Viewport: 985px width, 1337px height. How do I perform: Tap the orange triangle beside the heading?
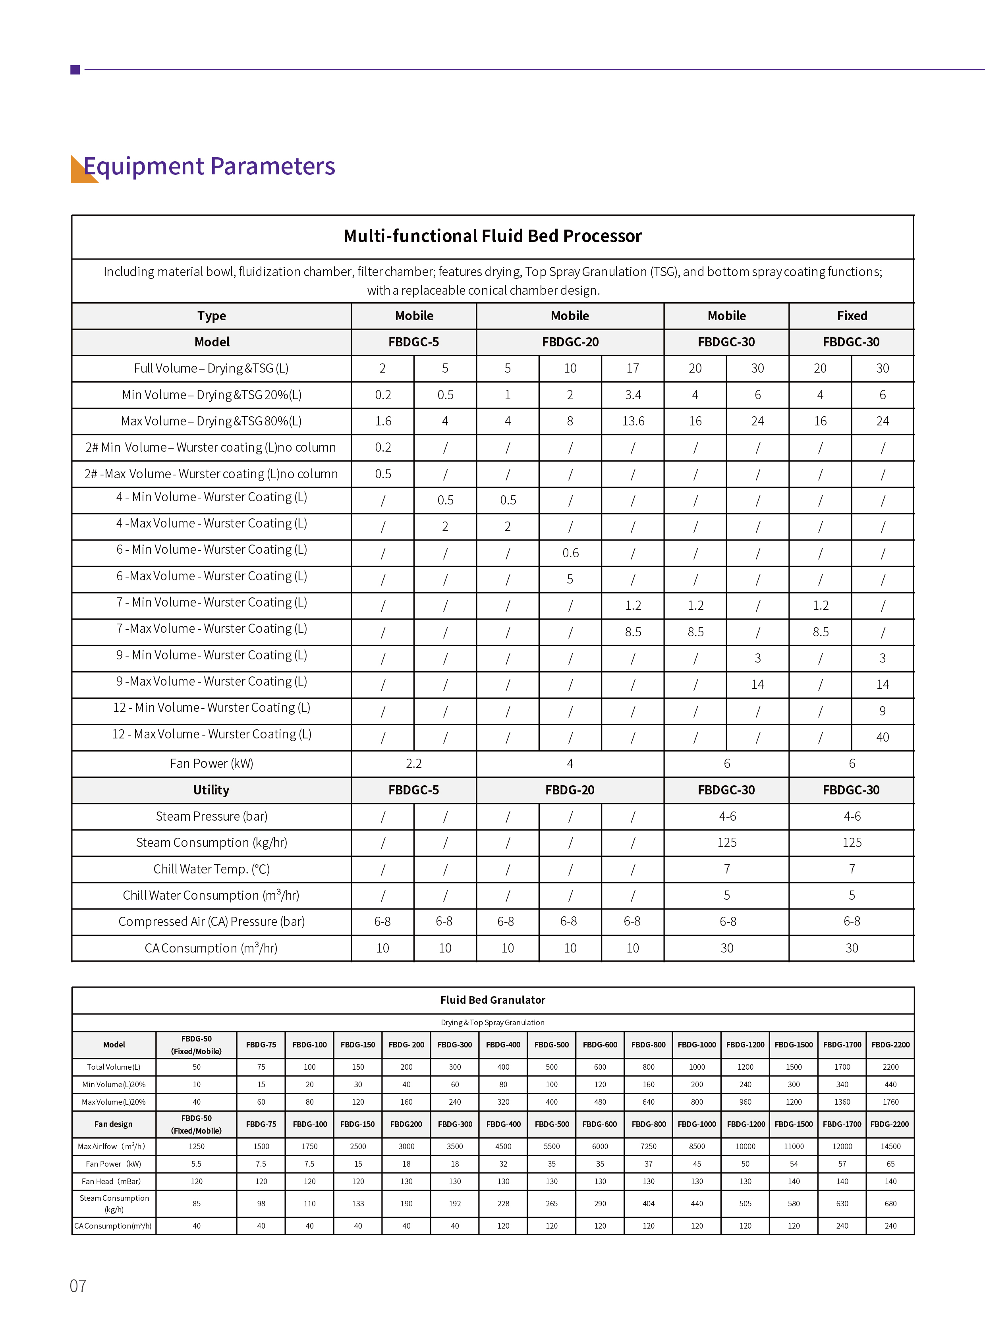pyautogui.click(x=81, y=172)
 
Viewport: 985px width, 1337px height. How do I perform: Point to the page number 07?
pyautogui.click(x=78, y=1286)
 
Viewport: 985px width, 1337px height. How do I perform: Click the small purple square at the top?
pyautogui.click(x=75, y=70)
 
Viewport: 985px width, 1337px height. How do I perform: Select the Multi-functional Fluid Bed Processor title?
pyautogui.click(x=492, y=236)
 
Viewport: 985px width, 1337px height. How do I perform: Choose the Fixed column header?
pyautogui.click(x=852, y=316)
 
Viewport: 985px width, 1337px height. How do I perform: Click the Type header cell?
pyautogui.click(x=212, y=316)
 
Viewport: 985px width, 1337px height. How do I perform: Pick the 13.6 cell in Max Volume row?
pyautogui.click(x=633, y=421)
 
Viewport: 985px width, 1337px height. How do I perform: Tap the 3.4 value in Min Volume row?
pyautogui.click(x=633, y=395)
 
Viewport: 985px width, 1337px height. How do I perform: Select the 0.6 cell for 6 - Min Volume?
pyautogui.click(x=570, y=553)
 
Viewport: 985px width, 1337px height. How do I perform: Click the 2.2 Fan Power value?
pyautogui.click(x=414, y=763)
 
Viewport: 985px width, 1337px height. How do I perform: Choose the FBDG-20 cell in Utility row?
pyautogui.click(x=570, y=790)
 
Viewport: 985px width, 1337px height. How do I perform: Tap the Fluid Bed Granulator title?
pyautogui.click(x=492, y=1000)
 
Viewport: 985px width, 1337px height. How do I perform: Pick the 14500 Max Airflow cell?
pyautogui.click(x=890, y=1146)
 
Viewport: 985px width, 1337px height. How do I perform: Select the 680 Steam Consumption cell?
pyautogui.click(x=890, y=1204)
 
